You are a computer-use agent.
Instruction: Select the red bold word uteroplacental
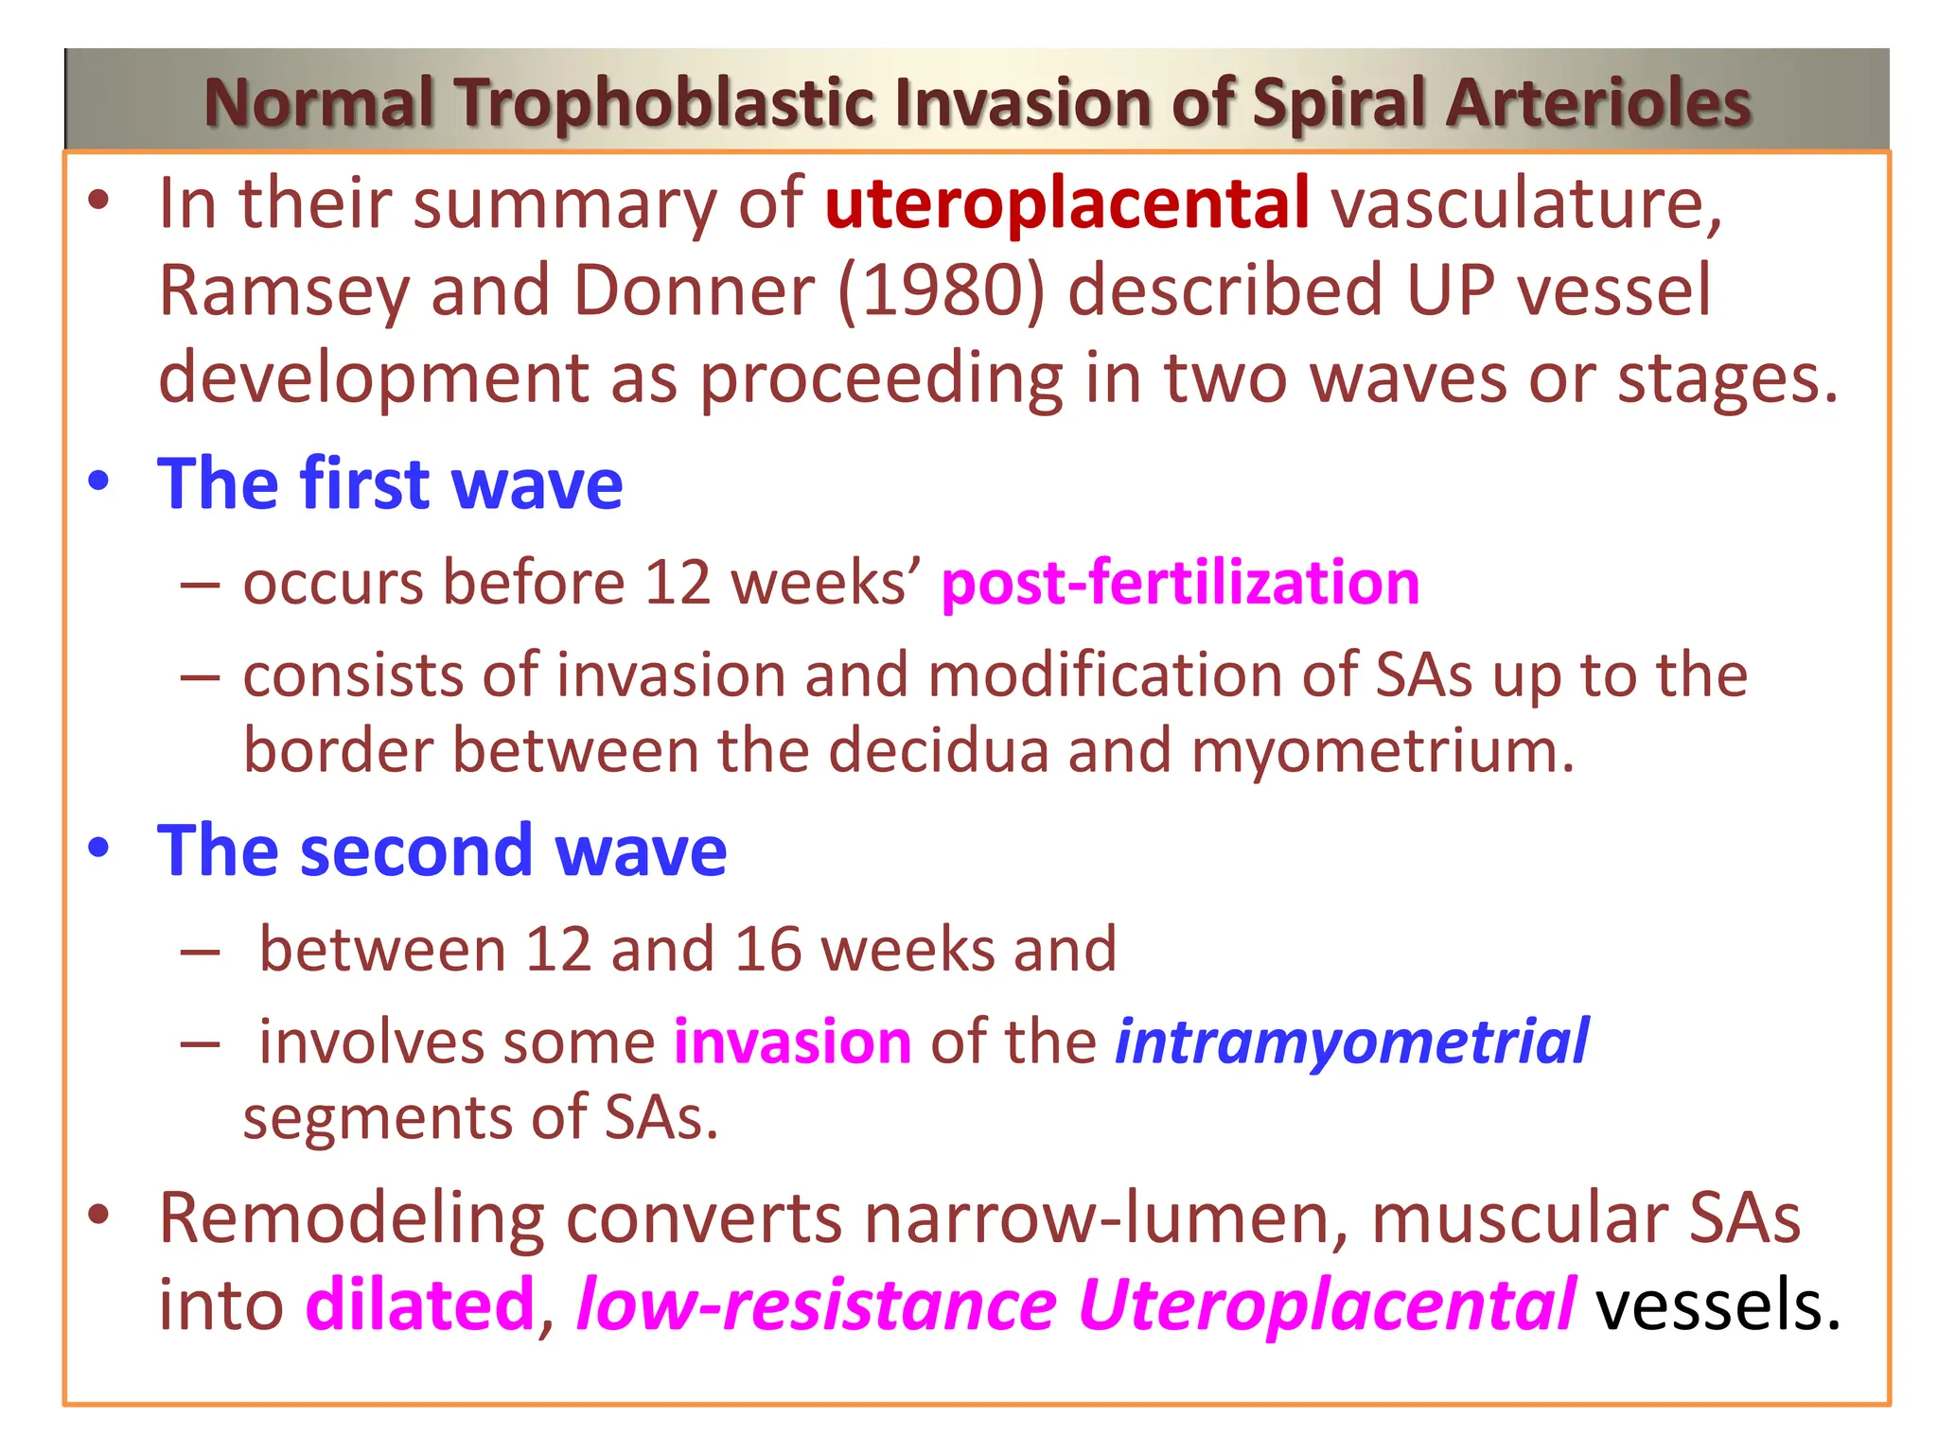1066,203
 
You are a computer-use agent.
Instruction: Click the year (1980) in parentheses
942,289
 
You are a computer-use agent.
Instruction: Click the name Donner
694,289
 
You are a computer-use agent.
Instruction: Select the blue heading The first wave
390,483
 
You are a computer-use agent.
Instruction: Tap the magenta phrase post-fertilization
1180,582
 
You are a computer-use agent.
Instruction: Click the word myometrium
1382,751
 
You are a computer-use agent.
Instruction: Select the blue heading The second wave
442,850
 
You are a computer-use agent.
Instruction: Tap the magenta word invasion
792,1042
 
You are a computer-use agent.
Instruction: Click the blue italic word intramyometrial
1351,1042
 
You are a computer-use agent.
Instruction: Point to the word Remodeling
351,1218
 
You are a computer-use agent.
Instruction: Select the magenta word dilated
420,1304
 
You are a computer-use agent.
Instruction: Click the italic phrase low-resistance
816,1304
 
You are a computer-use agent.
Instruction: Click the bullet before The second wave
98,849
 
